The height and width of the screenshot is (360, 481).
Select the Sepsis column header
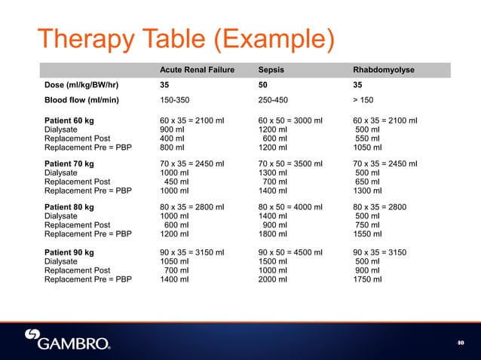point(271,70)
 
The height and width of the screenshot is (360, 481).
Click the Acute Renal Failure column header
point(197,70)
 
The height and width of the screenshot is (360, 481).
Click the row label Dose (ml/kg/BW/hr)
point(86,85)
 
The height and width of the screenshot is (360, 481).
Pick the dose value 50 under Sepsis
point(263,85)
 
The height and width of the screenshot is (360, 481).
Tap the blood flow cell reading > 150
point(366,99)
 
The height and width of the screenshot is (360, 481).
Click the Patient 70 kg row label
point(69,163)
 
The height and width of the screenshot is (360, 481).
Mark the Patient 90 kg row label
point(69,249)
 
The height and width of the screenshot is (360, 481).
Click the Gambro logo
point(68,340)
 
